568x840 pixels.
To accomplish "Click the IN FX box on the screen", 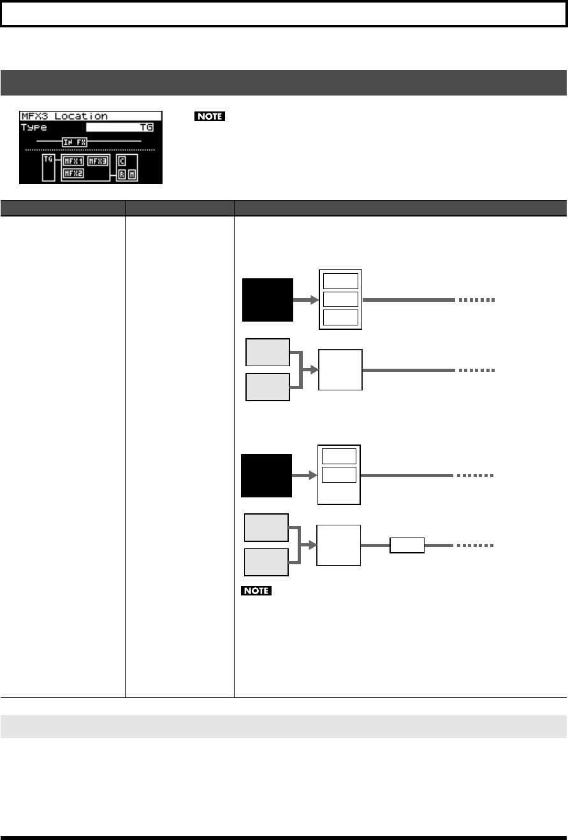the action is tap(74, 141).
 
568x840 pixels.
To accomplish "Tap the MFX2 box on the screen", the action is tap(73, 173).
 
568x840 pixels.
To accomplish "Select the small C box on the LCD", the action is tap(122, 160).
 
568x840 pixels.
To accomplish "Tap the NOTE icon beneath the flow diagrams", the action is tap(256, 592).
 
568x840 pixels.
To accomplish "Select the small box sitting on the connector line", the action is tap(407, 545).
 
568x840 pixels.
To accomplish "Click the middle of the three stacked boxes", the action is tap(340, 299).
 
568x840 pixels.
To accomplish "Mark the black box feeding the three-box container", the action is tap(268, 300).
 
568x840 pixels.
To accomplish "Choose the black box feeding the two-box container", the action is tap(266, 475).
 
